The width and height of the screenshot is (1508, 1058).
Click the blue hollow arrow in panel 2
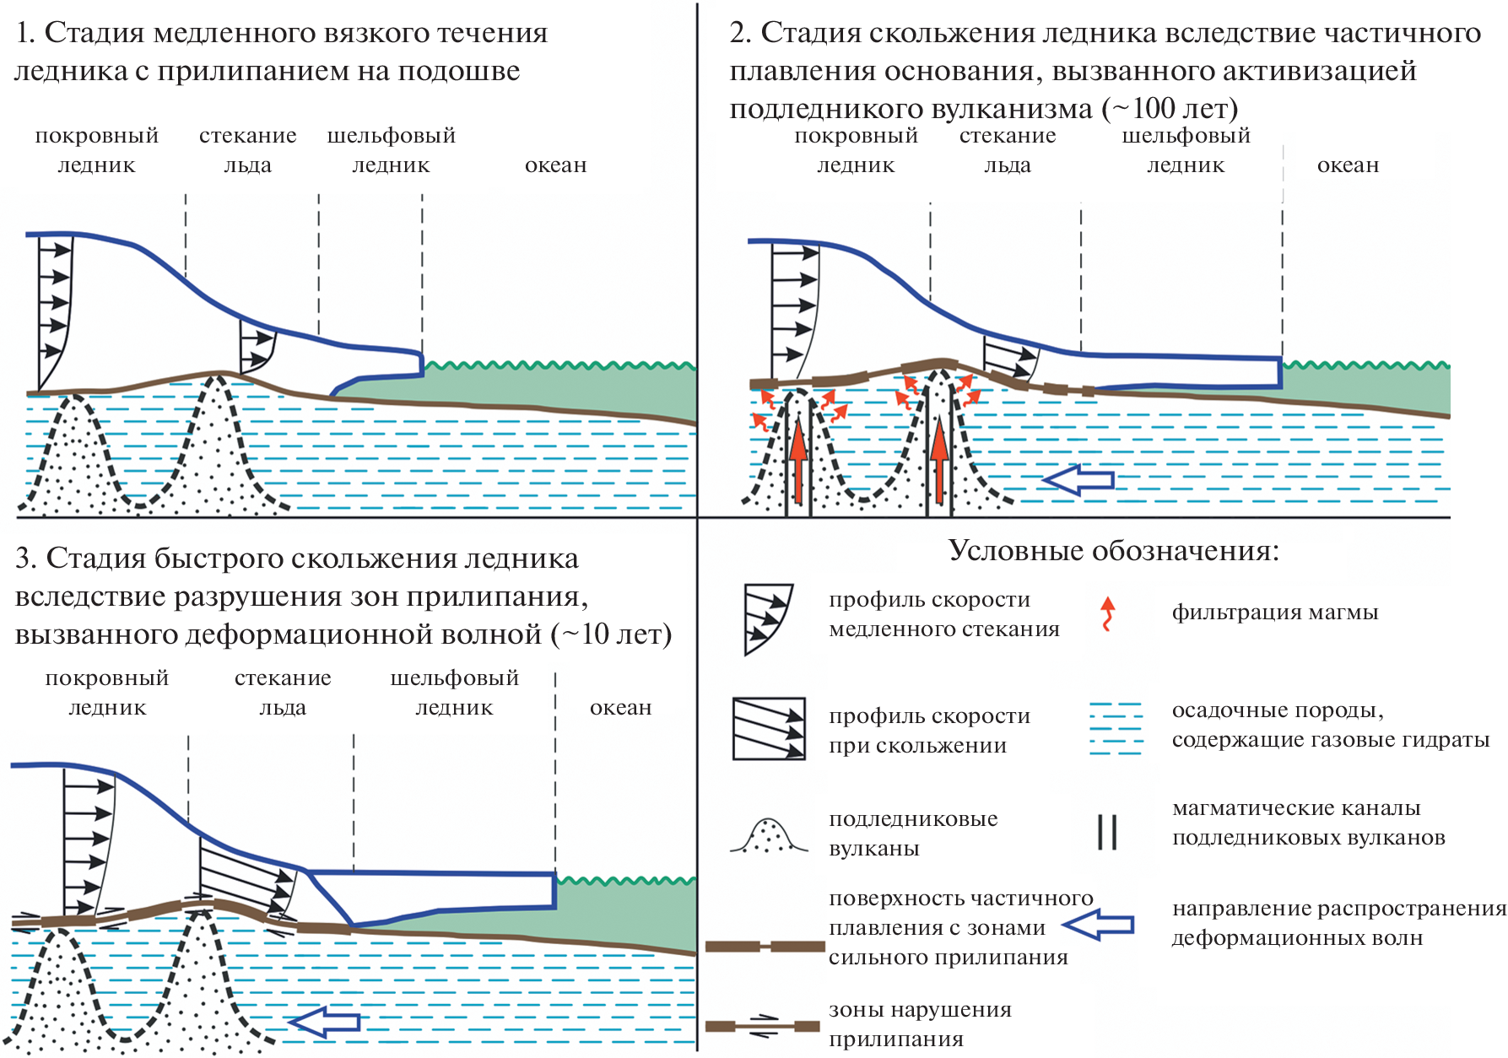[1079, 480]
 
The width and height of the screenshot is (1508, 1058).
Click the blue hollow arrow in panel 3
[325, 1022]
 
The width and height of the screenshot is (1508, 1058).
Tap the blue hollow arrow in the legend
[1098, 925]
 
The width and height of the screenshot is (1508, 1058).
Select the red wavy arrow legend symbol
[1108, 613]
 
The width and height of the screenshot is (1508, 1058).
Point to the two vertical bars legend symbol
[1107, 832]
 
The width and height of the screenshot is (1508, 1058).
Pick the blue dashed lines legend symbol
[1116, 727]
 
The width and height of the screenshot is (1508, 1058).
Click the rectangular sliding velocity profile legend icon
[768, 729]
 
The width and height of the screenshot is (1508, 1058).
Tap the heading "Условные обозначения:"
[1114, 551]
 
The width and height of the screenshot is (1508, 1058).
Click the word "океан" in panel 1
[555, 165]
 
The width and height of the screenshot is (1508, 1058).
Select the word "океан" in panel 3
[620, 708]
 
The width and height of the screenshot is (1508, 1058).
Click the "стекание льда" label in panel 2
[1008, 150]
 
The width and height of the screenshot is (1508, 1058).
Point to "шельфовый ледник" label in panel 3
[454, 693]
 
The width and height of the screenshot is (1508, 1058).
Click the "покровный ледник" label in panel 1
[96, 150]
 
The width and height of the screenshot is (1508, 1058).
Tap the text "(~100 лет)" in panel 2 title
[1170, 109]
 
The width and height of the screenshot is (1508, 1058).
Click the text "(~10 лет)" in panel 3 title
[612, 634]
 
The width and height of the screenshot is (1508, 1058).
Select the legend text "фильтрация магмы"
[1274, 613]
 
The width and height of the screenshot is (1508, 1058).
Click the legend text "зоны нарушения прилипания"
[920, 1024]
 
